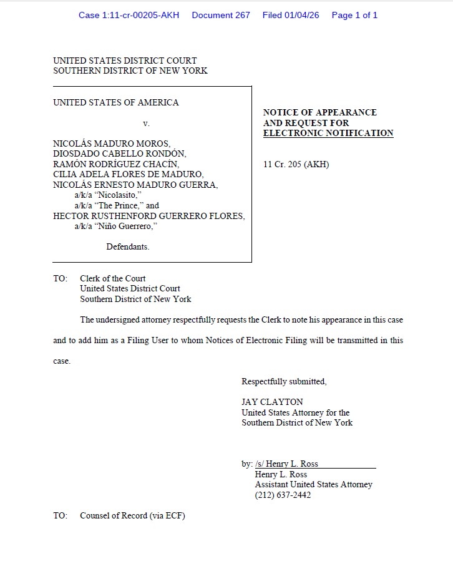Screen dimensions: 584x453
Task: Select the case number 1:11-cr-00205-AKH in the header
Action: tap(129, 15)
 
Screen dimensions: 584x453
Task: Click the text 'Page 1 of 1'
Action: tap(354, 15)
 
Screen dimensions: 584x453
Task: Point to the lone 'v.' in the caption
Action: tap(147, 124)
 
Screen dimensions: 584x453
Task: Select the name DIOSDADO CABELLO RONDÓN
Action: tap(120, 153)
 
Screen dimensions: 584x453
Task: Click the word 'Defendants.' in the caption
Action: tap(128, 246)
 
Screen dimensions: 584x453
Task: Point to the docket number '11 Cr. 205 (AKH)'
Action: tap(296, 165)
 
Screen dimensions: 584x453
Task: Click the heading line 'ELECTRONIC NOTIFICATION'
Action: tap(328, 133)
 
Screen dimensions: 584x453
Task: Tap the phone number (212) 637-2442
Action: tap(283, 495)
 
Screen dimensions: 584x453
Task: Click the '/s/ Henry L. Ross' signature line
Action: tap(287, 464)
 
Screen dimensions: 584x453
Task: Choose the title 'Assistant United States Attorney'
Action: tap(313, 484)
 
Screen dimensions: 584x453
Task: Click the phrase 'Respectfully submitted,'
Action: tap(284, 381)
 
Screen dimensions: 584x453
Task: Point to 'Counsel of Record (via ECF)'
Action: tap(132, 515)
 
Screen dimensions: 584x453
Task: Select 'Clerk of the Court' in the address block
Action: tap(113, 278)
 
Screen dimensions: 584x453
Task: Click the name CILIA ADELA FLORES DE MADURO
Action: tap(128, 174)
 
